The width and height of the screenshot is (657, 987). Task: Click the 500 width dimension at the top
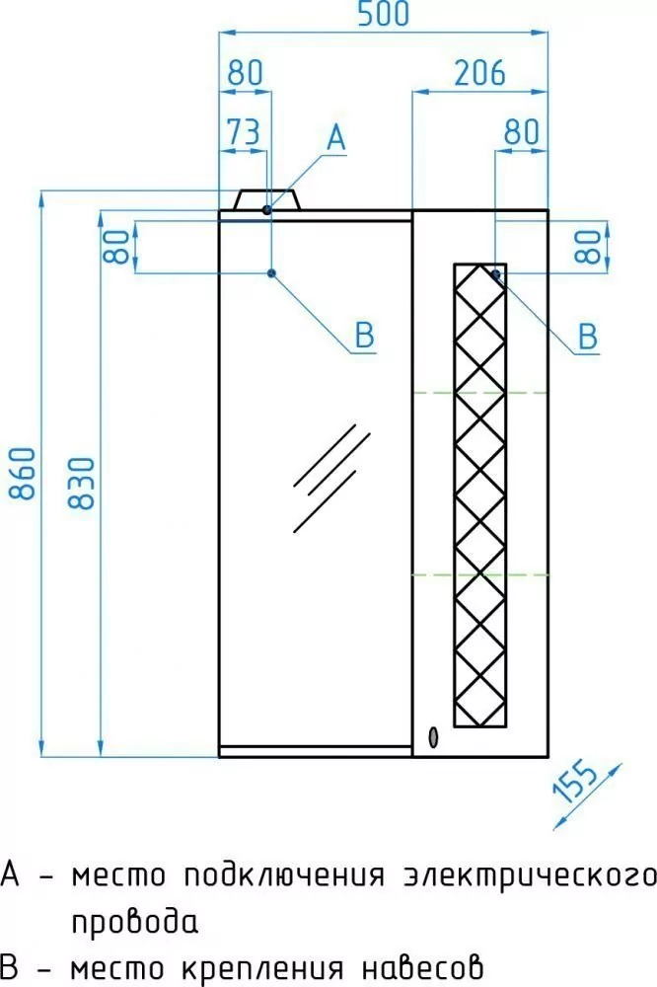(x=383, y=14)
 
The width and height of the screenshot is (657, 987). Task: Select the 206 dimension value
(x=479, y=73)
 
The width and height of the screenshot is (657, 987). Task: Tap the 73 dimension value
(x=243, y=132)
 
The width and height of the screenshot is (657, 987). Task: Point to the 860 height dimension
(x=23, y=474)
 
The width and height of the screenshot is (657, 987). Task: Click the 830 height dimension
(x=82, y=483)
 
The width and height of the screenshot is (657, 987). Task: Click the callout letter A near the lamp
(x=336, y=138)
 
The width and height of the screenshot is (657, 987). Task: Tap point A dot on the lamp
(x=266, y=209)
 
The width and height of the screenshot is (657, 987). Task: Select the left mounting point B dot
(x=272, y=273)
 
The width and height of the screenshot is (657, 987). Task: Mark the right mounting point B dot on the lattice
(x=496, y=273)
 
